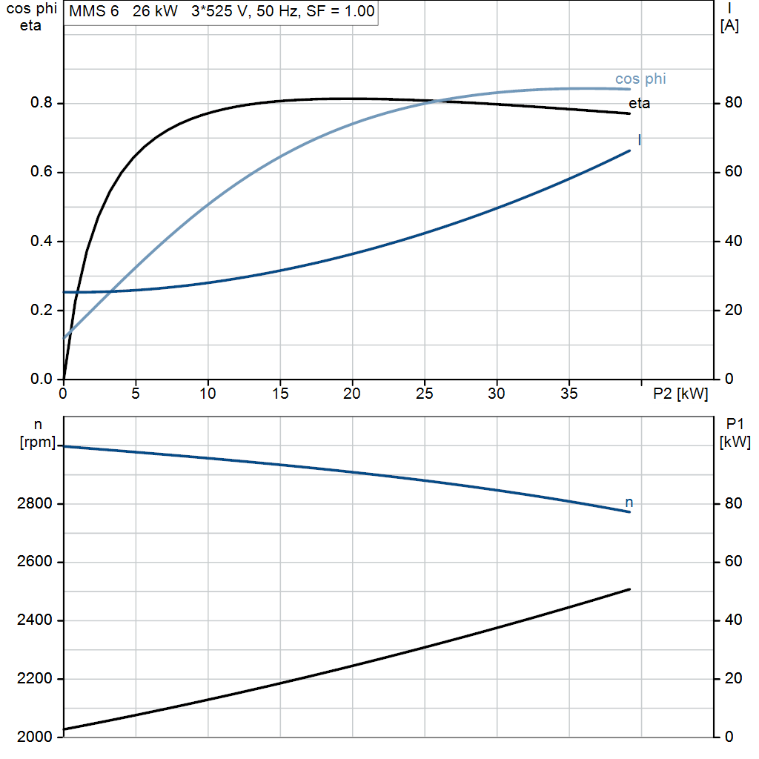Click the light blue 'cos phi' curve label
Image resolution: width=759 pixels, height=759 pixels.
[x=640, y=79]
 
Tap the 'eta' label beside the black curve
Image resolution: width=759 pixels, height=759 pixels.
[x=639, y=103]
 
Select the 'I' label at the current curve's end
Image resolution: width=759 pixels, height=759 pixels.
[x=640, y=140]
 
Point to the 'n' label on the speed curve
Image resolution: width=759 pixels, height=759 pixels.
[x=629, y=502]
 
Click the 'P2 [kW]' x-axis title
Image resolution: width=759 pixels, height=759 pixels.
[x=680, y=394]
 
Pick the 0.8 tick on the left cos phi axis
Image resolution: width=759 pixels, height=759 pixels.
[x=42, y=102]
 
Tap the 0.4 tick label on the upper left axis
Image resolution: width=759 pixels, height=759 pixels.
[x=42, y=241]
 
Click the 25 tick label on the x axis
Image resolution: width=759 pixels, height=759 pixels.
[x=425, y=394]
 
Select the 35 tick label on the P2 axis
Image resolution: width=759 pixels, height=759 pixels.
[x=569, y=394]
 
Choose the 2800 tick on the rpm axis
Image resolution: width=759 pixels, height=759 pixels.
[x=34, y=503]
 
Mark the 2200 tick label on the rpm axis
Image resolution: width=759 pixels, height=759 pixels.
[x=34, y=679]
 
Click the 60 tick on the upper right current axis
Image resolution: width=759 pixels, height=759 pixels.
[x=733, y=171]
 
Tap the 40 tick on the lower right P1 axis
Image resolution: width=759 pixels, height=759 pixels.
[x=733, y=620]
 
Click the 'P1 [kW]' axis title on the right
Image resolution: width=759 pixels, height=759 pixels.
[x=735, y=433]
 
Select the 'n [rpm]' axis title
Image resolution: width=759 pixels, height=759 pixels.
[x=38, y=433]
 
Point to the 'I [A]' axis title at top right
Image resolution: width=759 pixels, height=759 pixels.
[x=729, y=17]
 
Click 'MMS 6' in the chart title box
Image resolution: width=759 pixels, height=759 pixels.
[x=94, y=11]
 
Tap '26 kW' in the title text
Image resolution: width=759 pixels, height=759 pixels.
[x=155, y=11]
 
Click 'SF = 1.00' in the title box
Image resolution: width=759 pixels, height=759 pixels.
[x=340, y=11]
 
